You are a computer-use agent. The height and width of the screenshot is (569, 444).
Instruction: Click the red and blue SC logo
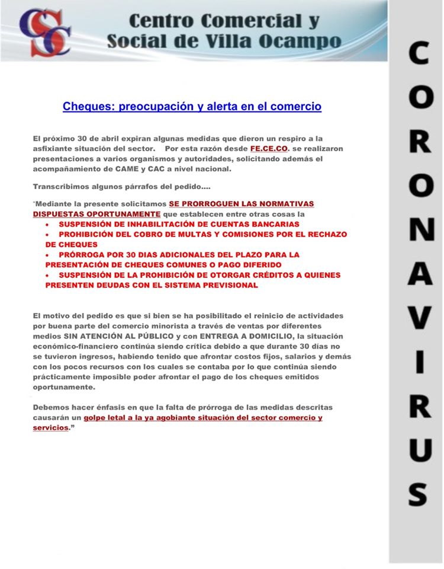click(x=44, y=31)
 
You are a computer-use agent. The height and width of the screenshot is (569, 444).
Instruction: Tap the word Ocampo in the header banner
click(x=309, y=41)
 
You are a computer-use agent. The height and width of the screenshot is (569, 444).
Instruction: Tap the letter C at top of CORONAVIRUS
click(x=418, y=55)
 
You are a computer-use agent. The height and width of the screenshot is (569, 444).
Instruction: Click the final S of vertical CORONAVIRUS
click(x=418, y=493)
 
